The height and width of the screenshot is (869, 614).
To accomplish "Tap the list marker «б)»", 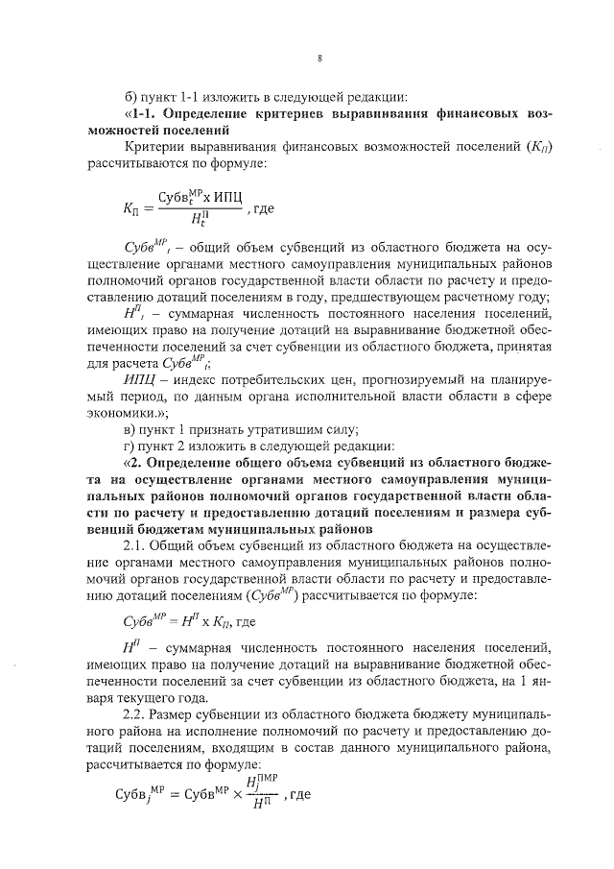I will pos(132,95).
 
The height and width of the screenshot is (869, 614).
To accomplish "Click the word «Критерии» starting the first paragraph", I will pos(153,147).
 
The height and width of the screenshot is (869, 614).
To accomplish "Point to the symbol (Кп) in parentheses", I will pos(541,147).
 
